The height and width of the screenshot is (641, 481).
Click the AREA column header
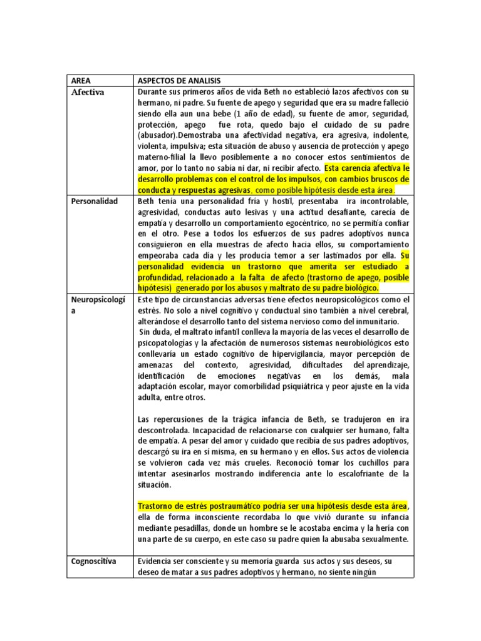[x=81, y=81]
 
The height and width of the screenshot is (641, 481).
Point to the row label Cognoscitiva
[x=93, y=561]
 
